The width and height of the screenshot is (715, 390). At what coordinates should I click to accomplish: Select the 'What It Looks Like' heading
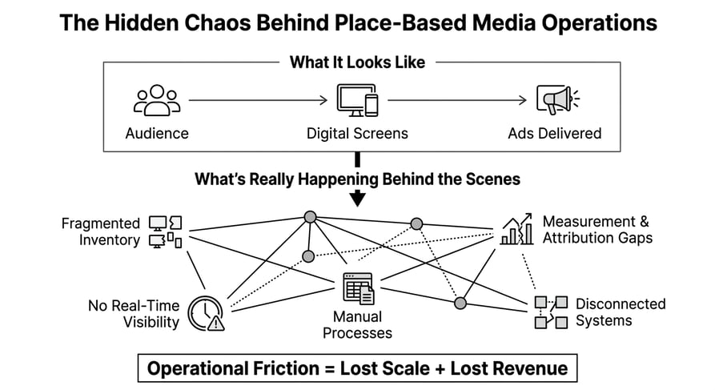pos(357,62)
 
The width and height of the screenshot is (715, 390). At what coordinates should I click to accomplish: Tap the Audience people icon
pos(157,101)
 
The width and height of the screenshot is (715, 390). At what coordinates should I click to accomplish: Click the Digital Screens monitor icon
pos(357,101)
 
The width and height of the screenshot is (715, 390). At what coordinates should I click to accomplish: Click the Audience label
pos(157,133)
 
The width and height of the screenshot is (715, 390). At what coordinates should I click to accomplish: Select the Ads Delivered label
pos(554,133)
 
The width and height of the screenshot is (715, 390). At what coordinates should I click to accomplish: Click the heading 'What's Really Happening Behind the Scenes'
pos(357,179)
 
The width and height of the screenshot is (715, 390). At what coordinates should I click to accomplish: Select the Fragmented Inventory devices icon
pos(166,231)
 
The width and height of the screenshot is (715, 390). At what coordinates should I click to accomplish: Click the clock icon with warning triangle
pos(205,312)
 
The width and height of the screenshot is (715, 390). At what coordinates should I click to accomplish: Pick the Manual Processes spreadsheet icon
pos(358,288)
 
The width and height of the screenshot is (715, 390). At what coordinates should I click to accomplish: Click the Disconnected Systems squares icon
pos(551,312)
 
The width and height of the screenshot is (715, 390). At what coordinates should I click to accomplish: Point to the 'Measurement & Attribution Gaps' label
pos(597,229)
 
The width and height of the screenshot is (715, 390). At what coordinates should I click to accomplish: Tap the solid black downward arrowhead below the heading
pos(357,198)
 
